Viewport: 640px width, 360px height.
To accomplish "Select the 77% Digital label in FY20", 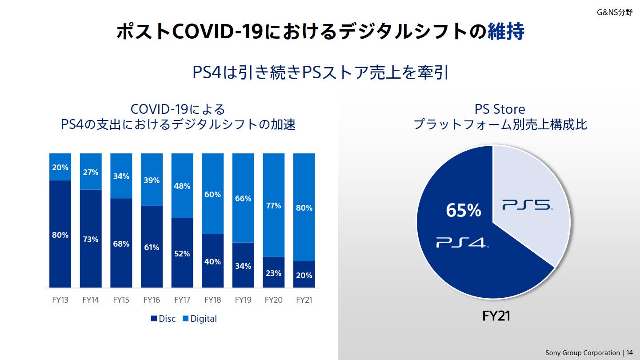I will (273, 206).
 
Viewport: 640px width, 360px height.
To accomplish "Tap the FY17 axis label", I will (182, 300).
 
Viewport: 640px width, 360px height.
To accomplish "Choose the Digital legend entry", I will (200, 319).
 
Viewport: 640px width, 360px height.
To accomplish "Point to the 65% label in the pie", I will (463, 210).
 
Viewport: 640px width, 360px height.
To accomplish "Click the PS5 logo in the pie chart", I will (527, 205).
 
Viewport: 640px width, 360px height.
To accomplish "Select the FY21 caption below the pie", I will (496, 316).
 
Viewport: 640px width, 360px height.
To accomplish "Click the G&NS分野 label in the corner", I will (615, 12).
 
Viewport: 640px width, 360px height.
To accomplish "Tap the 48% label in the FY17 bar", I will (182, 186).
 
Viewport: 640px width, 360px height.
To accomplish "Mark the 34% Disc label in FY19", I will (243, 266).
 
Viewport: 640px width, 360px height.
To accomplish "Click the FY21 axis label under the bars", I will (304, 300).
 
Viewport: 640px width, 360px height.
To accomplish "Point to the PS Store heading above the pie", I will (500, 109).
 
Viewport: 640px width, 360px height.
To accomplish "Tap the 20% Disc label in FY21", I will (304, 275).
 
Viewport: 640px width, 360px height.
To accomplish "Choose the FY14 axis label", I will (91, 300).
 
